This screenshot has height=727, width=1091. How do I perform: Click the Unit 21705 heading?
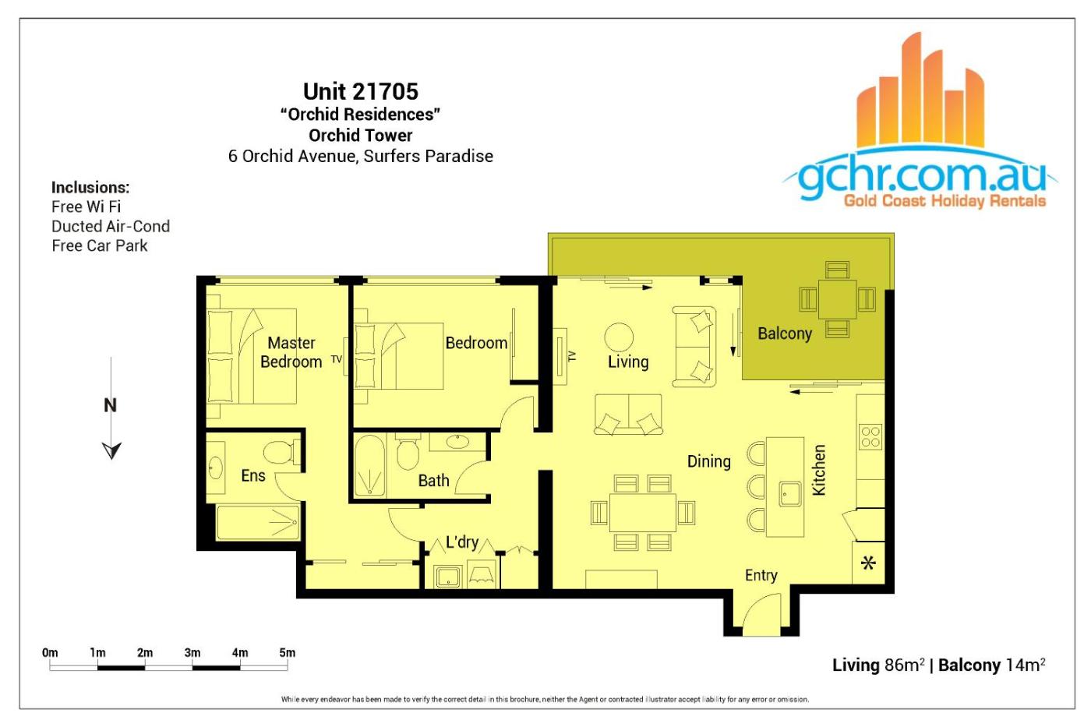pos(360,91)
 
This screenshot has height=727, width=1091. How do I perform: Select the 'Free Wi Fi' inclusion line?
pos(87,206)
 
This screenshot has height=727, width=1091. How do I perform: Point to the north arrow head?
pos(111,450)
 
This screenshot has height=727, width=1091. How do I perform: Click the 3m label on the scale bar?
pos(192,652)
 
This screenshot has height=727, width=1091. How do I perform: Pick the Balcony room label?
pos(785,334)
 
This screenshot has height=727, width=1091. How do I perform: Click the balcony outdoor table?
pos(837,299)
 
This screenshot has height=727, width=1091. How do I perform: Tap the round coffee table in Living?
pos(619,337)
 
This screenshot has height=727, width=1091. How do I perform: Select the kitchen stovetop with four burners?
pos(870,437)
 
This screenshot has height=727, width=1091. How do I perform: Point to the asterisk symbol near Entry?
pos(868,563)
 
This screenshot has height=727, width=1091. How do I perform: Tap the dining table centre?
pos(642,512)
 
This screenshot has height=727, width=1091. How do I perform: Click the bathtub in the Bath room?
pos(369,466)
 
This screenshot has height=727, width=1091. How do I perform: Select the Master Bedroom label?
pos(291,352)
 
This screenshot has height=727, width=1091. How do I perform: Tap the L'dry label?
pos(462,542)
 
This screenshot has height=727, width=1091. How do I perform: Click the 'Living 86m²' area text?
pos(879,665)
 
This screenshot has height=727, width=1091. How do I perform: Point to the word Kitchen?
pos(819,470)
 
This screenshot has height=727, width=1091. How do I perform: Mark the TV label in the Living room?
pos(572,356)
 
